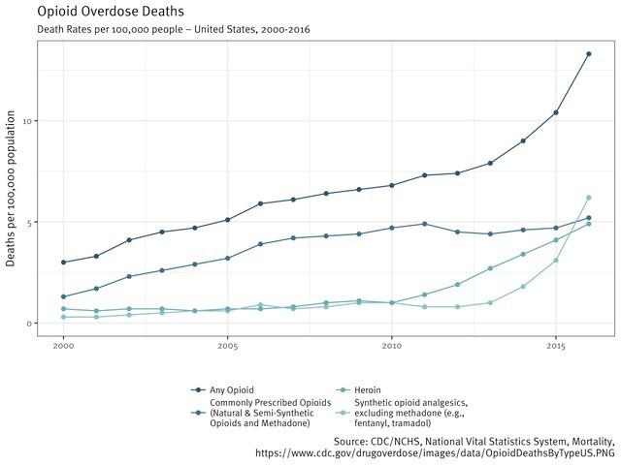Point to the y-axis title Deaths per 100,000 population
12,189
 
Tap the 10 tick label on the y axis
27,121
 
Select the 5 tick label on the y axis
30,222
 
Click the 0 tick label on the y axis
30,323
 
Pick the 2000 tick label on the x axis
63,345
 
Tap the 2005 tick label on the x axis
228,345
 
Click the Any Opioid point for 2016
588,54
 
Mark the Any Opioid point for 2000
63,263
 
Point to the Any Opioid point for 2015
556,112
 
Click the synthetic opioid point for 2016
588,198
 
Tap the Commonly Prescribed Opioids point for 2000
63,296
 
